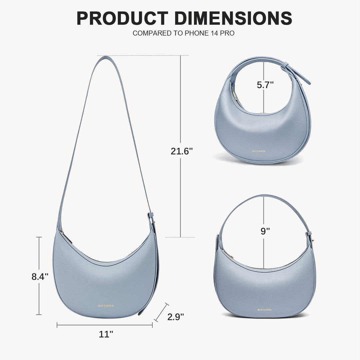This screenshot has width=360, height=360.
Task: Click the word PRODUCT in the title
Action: coord(122,18)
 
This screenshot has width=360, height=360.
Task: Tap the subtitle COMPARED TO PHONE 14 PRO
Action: coord(183,33)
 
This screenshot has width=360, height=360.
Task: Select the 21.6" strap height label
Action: coord(182,151)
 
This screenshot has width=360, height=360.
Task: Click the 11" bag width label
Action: coord(106,334)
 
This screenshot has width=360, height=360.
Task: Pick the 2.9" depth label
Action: coord(176,317)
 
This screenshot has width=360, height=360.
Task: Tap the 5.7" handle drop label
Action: coord(265,85)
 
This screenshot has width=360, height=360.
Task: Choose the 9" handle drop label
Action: coord(265,231)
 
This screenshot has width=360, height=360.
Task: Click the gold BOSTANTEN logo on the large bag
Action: coord(106,306)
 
